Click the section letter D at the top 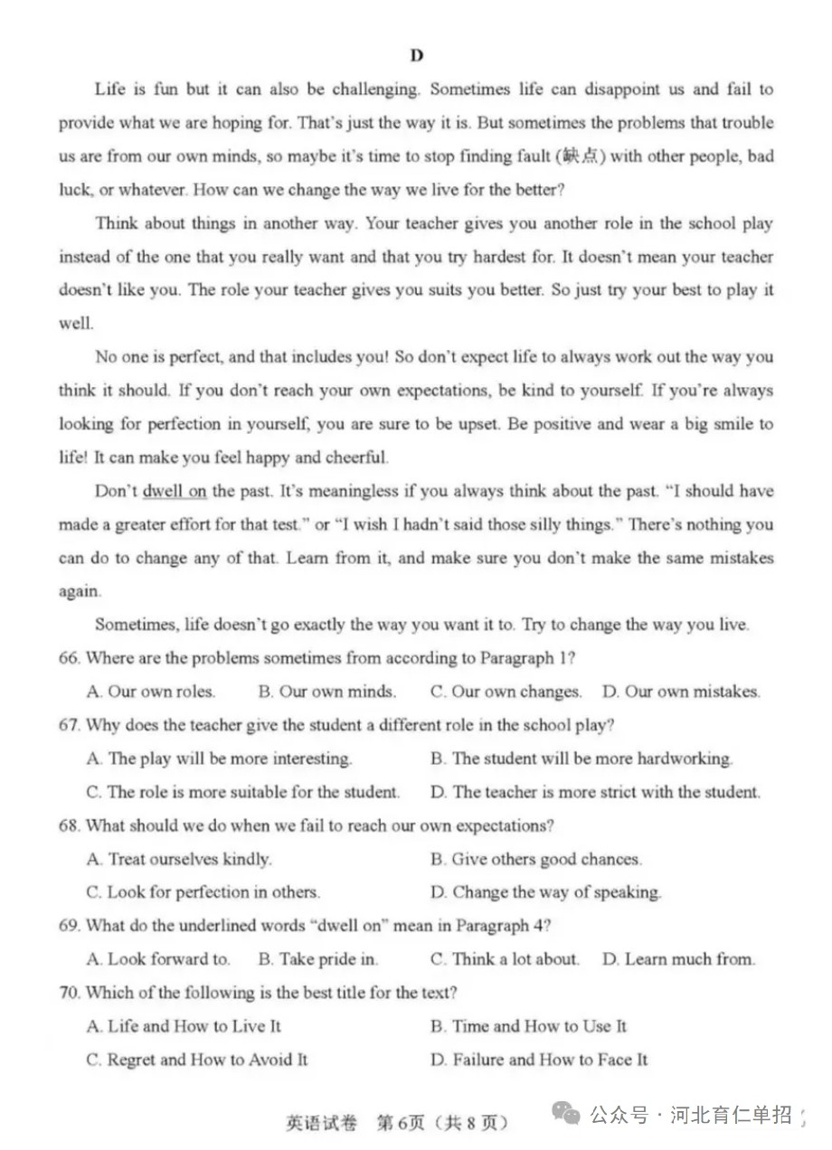(x=417, y=56)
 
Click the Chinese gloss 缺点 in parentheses (x=581, y=156)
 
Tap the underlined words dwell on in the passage (x=175, y=491)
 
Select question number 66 (x=70, y=658)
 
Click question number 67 (x=70, y=725)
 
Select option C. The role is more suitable (x=243, y=792)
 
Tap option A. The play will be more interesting (x=220, y=759)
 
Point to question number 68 (x=70, y=825)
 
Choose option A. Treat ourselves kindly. (x=179, y=859)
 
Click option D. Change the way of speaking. (x=545, y=892)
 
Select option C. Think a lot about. (x=505, y=959)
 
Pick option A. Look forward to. (x=158, y=959)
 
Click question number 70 (x=70, y=993)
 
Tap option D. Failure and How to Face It (x=539, y=1060)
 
